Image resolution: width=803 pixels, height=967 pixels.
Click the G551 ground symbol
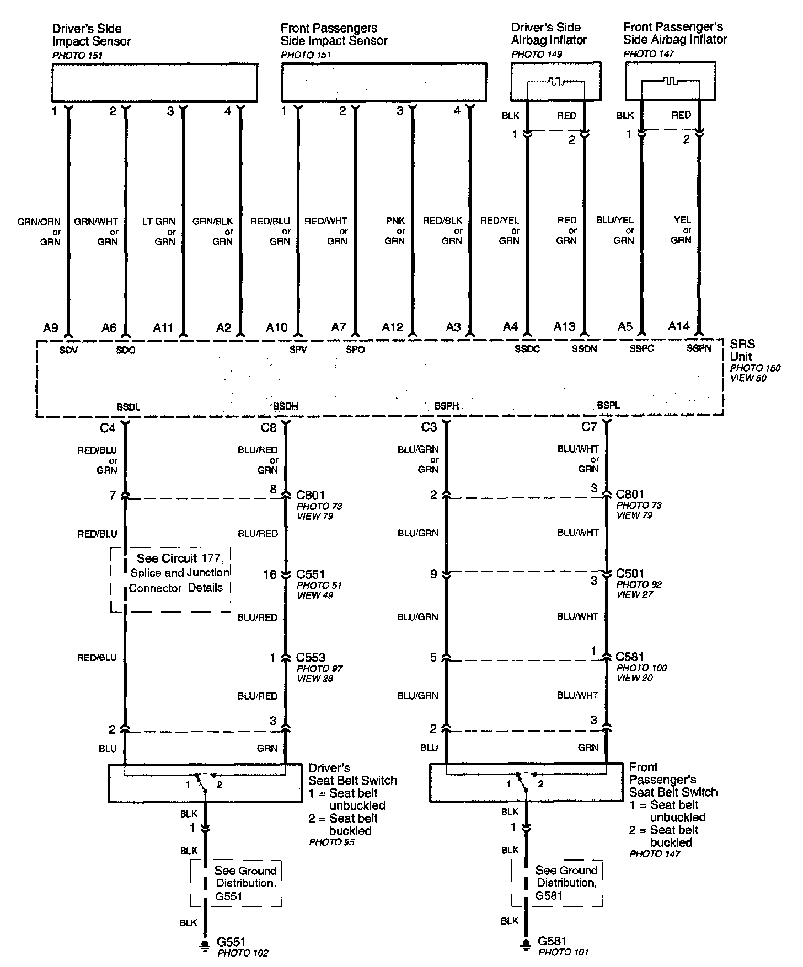pyautogui.click(x=205, y=946)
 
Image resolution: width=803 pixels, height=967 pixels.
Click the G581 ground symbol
pyautogui.click(x=526, y=946)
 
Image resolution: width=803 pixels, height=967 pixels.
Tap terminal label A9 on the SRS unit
pyautogui.click(x=50, y=328)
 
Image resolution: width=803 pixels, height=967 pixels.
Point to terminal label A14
pyautogui.click(x=679, y=326)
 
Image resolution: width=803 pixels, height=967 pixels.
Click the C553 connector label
pyautogui.click(x=311, y=658)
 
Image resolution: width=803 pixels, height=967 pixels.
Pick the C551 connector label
pyautogui.click(x=311, y=574)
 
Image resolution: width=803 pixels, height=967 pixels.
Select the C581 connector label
pyautogui.click(x=630, y=657)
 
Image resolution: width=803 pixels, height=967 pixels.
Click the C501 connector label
pyautogui.click(x=630, y=573)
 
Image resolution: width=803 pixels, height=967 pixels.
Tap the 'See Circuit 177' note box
pyautogui.click(x=171, y=579)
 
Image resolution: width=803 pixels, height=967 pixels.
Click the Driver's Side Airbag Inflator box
pyautogui.click(x=555, y=81)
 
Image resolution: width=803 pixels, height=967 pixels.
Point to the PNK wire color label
pyautogui.click(x=395, y=221)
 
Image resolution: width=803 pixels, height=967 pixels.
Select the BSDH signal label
pyautogui.click(x=286, y=406)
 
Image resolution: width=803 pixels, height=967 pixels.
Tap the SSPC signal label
pyautogui.click(x=642, y=349)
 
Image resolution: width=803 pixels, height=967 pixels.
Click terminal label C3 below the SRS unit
pyautogui.click(x=429, y=427)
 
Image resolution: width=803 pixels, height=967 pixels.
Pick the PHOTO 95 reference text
pyautogui.click(x=331, y=842)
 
